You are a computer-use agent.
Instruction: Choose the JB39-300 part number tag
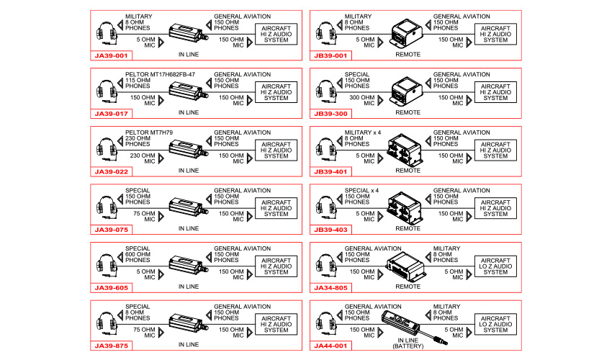(x=330, y=113)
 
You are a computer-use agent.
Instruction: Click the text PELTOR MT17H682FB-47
(x=160, y=74)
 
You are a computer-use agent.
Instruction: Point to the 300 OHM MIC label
(x=363, y=100)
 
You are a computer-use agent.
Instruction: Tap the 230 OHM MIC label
(x=143, y=158)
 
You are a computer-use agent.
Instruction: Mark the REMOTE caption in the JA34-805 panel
(x=408, y=286)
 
